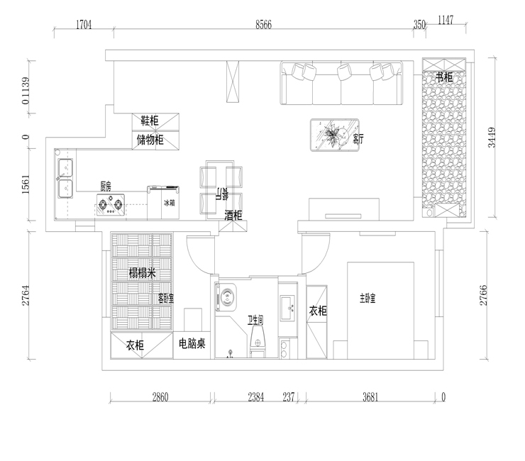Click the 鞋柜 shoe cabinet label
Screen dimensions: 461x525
click(x=150, y=120)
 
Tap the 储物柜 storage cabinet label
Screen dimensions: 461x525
click(x=150, y=140)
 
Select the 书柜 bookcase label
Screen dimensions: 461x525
click(x=444, y=77)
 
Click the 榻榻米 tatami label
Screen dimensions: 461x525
click(x=142, y=274)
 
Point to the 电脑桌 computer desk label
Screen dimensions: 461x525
click(x=192, y=345)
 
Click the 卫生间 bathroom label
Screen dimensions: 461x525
click(x=256, y=321)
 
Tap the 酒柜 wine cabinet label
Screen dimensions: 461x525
click(x=233, y=215)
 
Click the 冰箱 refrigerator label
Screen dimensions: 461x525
click(x=169, y=203)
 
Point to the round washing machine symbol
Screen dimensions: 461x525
click(x=228, y=297)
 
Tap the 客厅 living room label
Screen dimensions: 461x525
click(x=358, y=140)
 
